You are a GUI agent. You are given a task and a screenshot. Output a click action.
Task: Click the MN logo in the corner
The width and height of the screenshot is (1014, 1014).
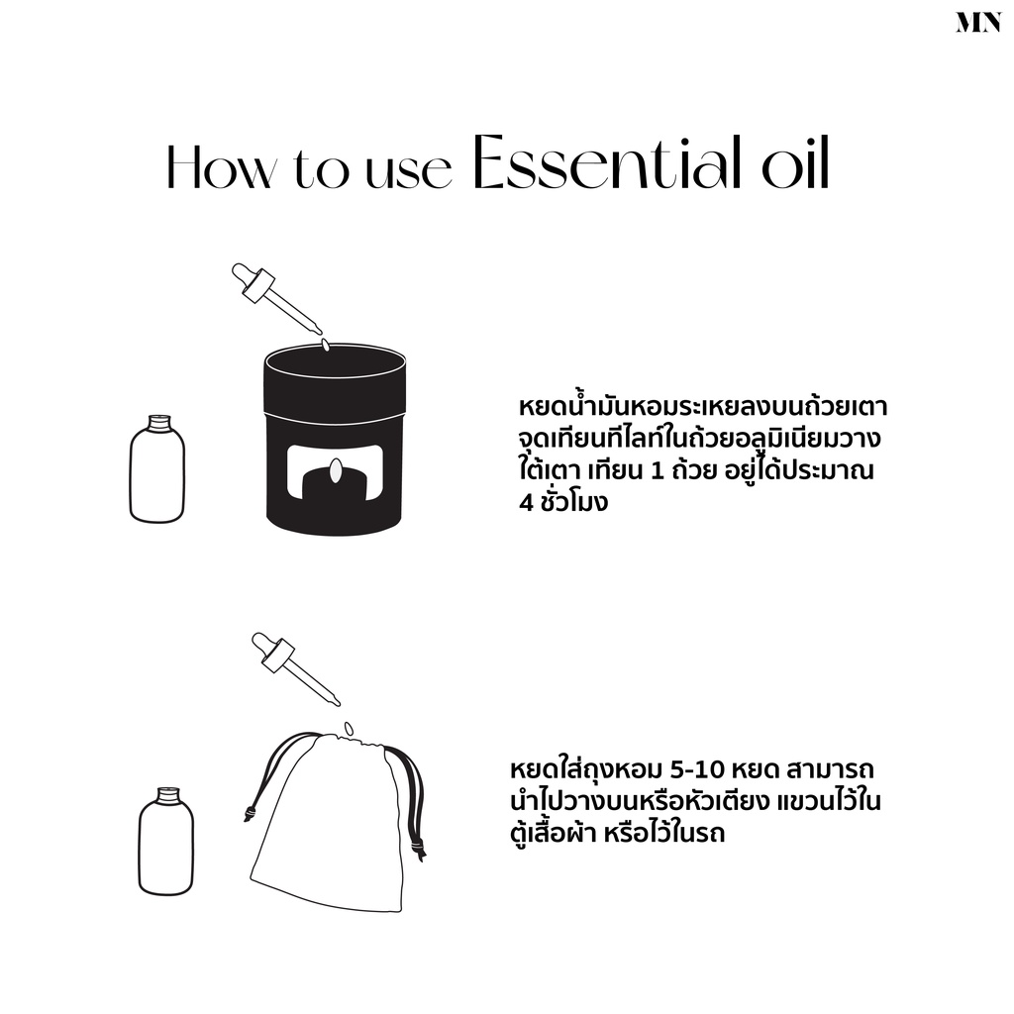(978, 23)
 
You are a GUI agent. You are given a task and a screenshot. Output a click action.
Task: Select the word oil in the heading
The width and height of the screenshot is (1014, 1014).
(795, 162)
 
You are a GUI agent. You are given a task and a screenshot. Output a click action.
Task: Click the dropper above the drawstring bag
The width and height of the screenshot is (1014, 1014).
(295, 668)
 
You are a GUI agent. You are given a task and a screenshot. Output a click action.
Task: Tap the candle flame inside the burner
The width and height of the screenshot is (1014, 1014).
(335, 470)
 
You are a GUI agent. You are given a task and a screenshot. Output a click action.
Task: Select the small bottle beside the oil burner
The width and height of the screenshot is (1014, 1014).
(157, 468)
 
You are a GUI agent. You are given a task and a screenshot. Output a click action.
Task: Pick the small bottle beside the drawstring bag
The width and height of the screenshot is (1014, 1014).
(166, 842)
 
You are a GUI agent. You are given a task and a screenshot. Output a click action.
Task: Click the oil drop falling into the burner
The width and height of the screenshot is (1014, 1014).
(325, 346)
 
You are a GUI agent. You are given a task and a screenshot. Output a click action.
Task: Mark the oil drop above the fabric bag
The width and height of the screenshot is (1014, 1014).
(349, 728)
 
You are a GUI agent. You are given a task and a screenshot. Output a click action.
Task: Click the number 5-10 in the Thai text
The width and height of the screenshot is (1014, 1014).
(694, 770)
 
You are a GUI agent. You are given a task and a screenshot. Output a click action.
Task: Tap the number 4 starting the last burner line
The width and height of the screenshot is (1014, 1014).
(525, 502)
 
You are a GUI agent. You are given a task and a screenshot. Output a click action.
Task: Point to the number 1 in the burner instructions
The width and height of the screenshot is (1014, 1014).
(658, 470)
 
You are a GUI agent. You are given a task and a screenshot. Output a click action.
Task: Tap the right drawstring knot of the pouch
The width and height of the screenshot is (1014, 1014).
(419, 849)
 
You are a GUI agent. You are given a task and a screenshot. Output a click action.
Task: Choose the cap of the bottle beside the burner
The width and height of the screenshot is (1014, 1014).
(157, 423)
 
